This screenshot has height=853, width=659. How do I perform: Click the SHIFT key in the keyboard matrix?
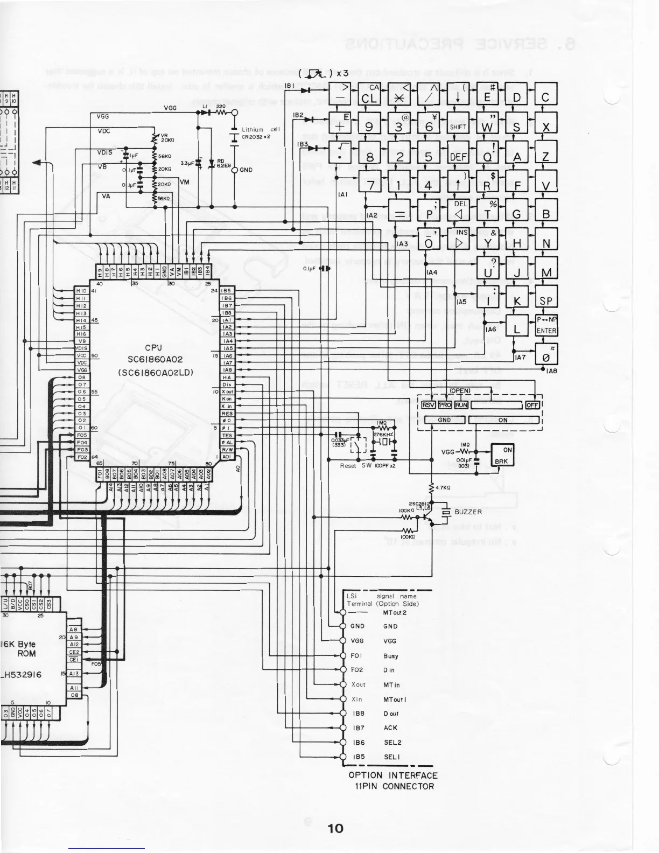[x=458, y=127]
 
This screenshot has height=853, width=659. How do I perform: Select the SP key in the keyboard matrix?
[x=546, y=301]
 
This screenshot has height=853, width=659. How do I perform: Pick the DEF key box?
[x=458, y=157]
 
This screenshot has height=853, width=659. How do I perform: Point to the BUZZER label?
[x=468, y=512]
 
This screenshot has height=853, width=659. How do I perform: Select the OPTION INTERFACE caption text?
[x=393, y=775]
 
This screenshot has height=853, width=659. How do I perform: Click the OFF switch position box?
[x=532, y=405]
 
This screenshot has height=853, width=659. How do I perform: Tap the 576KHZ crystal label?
[x=383, y=434]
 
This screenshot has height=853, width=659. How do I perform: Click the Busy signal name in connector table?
[x=391, y=656]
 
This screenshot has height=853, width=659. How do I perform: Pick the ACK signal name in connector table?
[x=390, y=728]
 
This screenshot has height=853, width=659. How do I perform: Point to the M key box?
[x=546, y=272]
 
